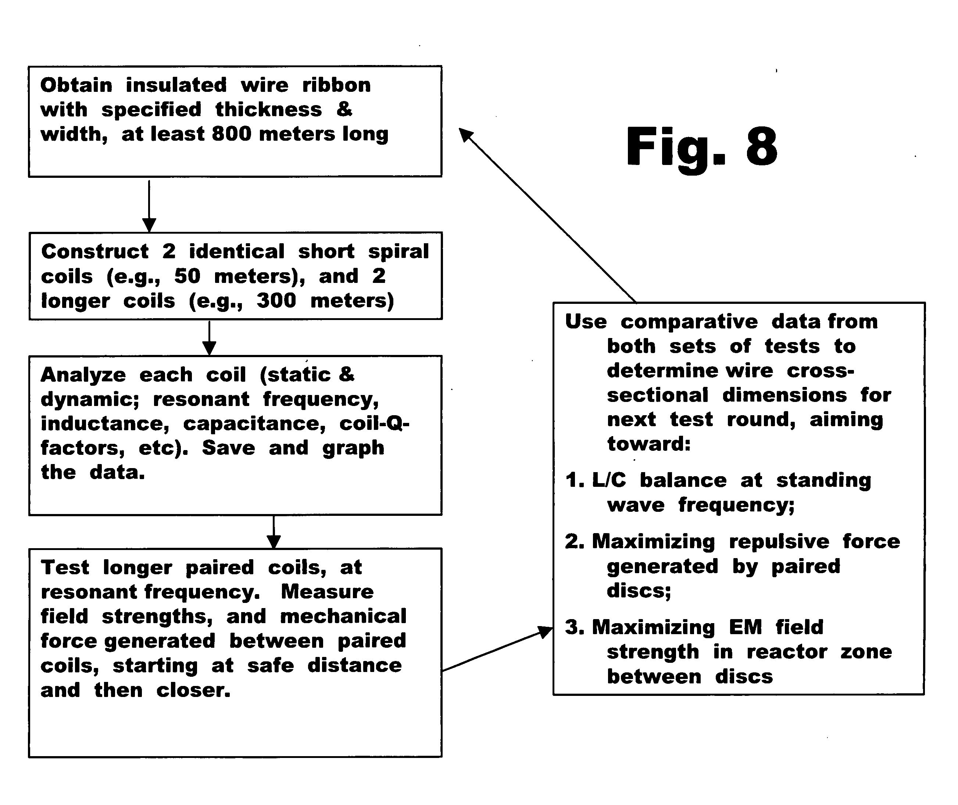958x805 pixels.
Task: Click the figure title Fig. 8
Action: (x=701, y=147)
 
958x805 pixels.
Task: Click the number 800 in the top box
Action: (x=232, y=134)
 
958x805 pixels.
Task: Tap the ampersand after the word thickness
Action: (x=344, y=109)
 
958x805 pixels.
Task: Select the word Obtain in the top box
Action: (x=76, y=85)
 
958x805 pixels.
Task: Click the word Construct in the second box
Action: (x=95, y=251)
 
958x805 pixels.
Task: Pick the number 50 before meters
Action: (x=187, y=276)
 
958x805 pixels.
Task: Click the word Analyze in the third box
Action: (x=83, y=375)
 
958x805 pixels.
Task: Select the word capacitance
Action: (x=255, y=424)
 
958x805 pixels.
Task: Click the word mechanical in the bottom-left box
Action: (x=343, y=617)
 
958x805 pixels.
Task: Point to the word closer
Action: (x=194, y=690)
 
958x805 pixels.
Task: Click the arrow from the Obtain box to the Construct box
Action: (x=149, y=206)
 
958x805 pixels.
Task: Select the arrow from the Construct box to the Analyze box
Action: (x=209, y=338)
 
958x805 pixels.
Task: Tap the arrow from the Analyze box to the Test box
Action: (x=274, y=532)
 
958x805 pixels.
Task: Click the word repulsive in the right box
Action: (x=779, y=542)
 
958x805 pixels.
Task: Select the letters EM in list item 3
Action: (x=746, y=628)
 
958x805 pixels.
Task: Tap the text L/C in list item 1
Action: (x=609, y=481)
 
